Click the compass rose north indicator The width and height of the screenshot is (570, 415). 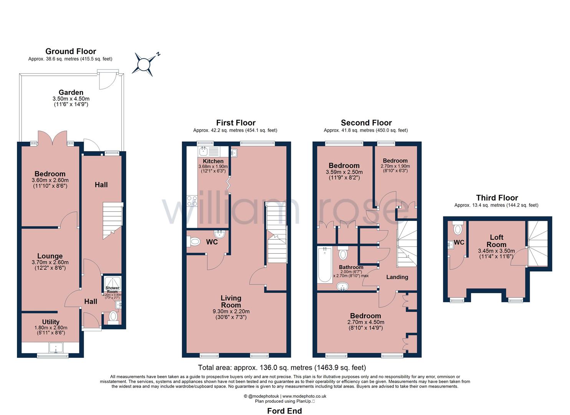145,64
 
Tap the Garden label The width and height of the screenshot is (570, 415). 71,92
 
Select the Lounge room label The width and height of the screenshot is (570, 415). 50,256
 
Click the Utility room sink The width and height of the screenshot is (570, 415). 56,348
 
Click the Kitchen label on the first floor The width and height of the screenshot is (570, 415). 213,161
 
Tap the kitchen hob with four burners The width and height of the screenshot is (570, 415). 192,201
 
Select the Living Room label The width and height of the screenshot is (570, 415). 231,301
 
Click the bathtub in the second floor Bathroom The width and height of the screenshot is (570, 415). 324,265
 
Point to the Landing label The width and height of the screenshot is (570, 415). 397,277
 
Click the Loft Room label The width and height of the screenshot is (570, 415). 496,241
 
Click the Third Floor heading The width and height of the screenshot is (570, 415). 497,198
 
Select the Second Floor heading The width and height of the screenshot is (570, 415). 366,123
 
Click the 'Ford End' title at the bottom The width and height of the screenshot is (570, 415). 284,411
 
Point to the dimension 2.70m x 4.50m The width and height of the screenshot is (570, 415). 365,322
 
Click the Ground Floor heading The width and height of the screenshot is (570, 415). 71,51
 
